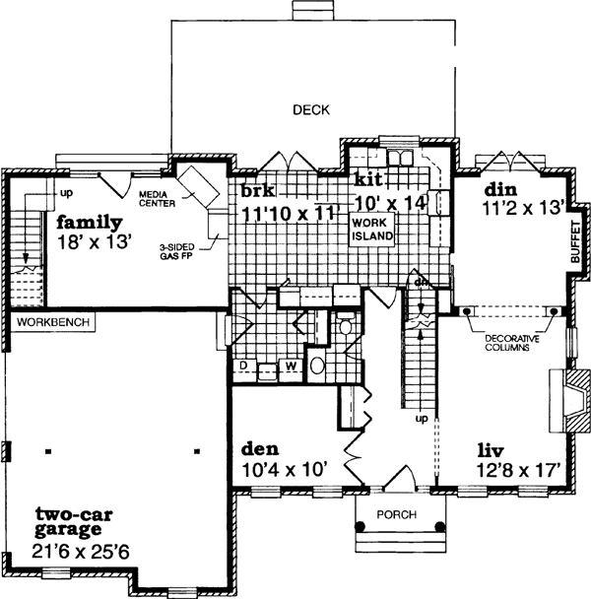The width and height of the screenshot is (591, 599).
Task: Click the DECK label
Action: [x=310, y=110]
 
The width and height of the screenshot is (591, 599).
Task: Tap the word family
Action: [x=89, y=222]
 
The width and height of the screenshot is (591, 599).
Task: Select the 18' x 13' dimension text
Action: [x=94, y=241]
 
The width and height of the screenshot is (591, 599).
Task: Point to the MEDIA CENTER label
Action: [x=157, y=200]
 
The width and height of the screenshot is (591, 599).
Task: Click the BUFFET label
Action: [x=576, y=240]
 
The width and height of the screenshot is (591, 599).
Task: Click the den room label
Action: [x=259, y=448]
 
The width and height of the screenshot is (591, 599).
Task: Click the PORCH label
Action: [x=396, y=515]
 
